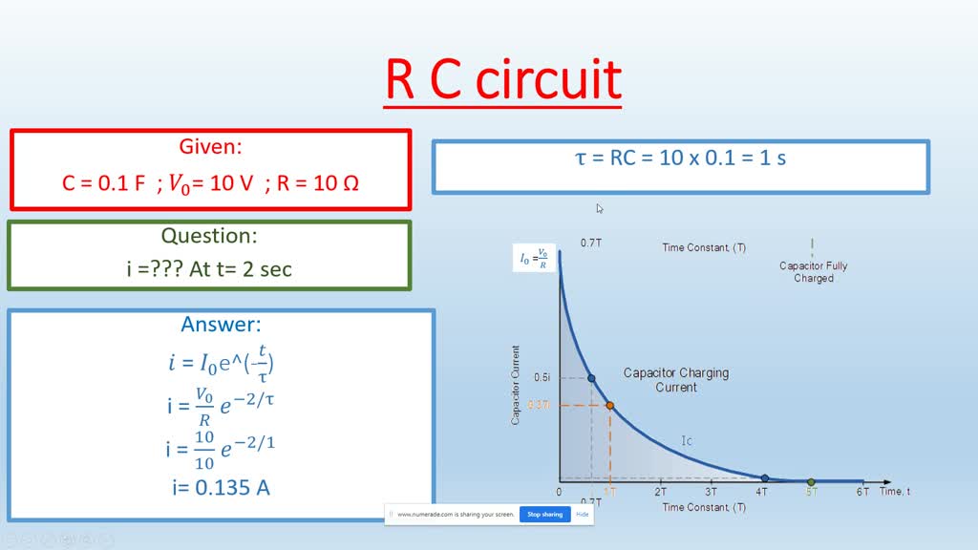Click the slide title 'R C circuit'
pyautogui.click(x=502, y=80)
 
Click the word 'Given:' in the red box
pyautogui.click(x=210, y=147)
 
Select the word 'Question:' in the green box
pyautogui.click(x=209, y=236)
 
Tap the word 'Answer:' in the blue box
pyautogui.click(x=221, y=325)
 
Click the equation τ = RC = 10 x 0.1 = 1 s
pyautogui.click(x=680, y=159)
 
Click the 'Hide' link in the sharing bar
pyautogui.click(x=582, y=514)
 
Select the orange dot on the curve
pyautogui.click(x=610, y=406)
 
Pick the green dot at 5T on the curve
pyautogui.click(x=811, y=481)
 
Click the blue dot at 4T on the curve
pyautogui.click(x=764, y=477)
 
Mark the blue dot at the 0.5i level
pyautogui.click(x=591, y=378)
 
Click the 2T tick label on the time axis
pyautogui.click(x=660, y=492)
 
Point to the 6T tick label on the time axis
pyautogui.click(x=862, y=492)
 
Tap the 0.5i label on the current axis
pyautogui.click(x=542, y=378)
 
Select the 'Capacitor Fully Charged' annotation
pyautogui.click(x=813, y=272)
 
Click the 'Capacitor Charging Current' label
pyautogui.click(x=675, y=380)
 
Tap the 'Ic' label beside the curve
pyautogui.click(x=687, y=441)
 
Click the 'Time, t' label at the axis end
pyautogui.click(x=895, y=491)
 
